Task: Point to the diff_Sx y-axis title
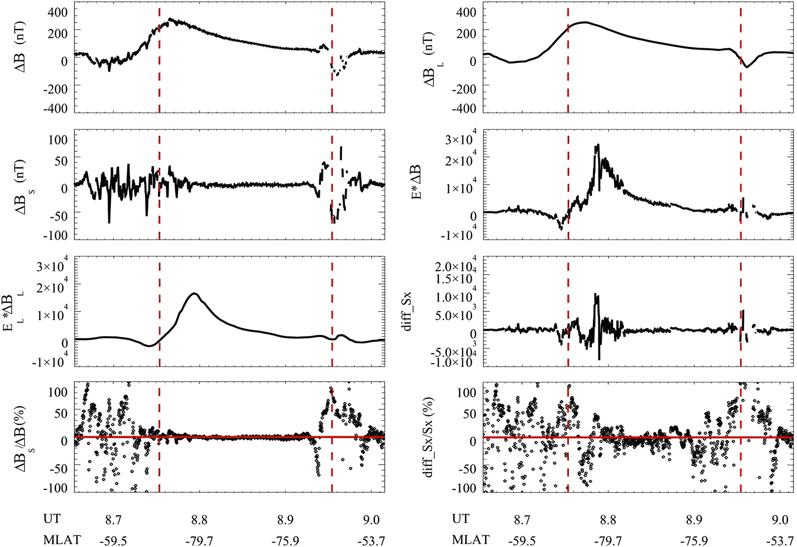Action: tap(407, 311)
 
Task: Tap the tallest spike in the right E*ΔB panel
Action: tap(598, 145)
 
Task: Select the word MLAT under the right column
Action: tap(470, 539)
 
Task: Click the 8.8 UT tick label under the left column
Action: tap(199, 520)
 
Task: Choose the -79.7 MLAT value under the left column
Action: tap(199, 540)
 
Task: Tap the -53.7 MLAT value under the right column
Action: tap(779, 540)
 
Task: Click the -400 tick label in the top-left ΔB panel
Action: tap(55, 108)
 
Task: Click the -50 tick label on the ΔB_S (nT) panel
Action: tap(56, 216)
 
